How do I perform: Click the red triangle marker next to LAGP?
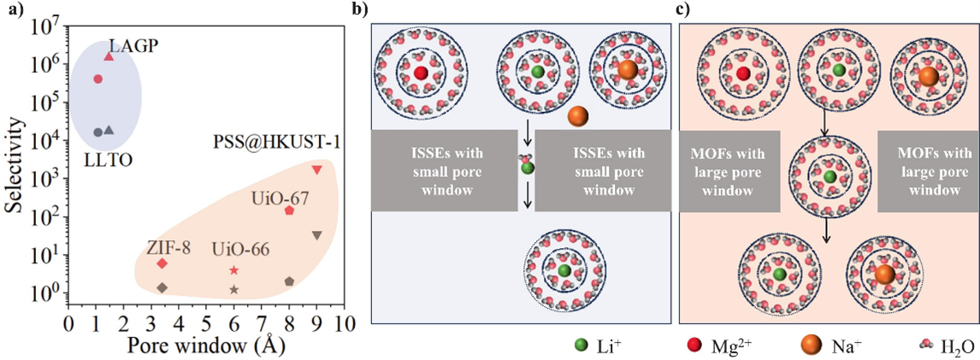(x=109, y=56)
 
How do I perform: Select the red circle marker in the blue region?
(x=97, y=79)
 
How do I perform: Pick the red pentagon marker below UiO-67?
(x=289, y=210)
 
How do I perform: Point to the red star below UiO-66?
(x=234, y=270)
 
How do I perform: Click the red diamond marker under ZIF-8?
(x=162, y=263)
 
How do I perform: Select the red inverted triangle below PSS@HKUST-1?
(x=317, y=170)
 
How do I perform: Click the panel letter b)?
(x=362, y=10)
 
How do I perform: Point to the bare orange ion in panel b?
(x=577, y=115)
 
